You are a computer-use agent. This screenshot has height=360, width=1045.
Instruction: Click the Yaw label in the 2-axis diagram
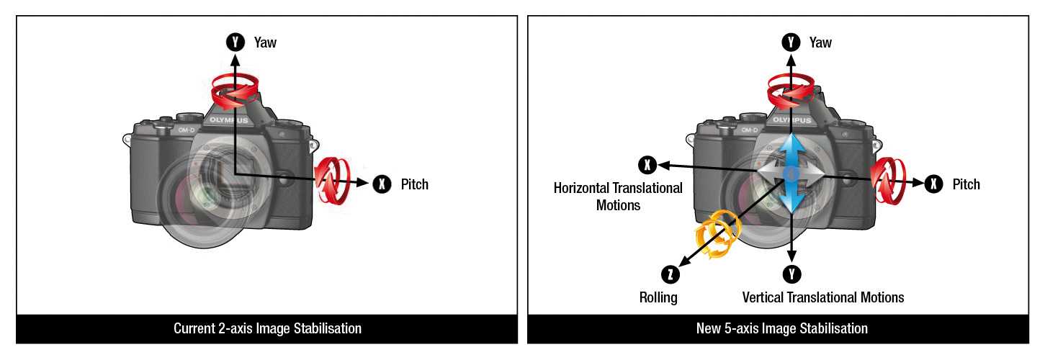tap(264, 42)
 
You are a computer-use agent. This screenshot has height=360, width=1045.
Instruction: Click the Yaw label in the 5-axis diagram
tap(820, 42)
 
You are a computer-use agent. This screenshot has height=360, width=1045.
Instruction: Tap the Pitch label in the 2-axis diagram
tap(414, 184)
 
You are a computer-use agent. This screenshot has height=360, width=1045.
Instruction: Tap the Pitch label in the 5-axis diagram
tap(966, 184)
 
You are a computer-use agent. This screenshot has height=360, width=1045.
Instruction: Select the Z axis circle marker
tap(670, 274)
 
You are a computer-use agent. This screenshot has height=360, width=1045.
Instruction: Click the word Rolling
tap(658, 297)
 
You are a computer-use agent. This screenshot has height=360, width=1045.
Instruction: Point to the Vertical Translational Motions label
tap(822, 297)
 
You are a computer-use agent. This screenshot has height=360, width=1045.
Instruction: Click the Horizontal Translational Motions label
tap(618, 197)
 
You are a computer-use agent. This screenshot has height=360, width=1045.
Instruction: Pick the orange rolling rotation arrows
tap(716, 236)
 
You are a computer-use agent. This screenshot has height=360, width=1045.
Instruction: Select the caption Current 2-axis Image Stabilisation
tap(267, 329)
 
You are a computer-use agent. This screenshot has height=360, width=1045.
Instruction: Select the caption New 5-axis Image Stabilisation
tap(781, 329)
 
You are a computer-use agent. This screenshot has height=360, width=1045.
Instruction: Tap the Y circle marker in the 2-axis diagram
tap(236, 42)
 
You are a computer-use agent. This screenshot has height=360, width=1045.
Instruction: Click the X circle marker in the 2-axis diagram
tap(382, 184)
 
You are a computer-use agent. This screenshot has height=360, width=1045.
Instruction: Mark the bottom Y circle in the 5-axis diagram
tap(792, 274)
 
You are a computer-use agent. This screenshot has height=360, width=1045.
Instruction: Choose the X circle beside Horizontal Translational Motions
tap(647, 165)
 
